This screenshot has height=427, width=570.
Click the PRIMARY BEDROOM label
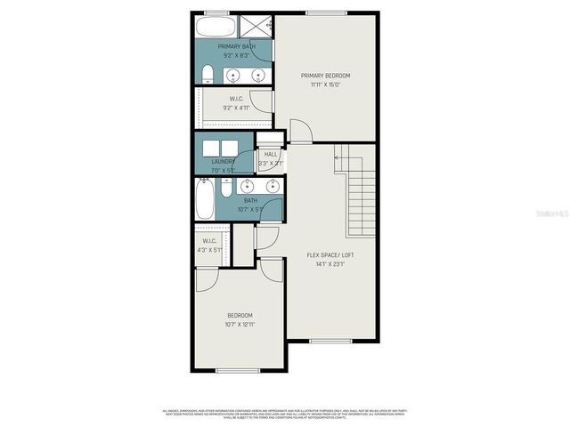coord(325,76)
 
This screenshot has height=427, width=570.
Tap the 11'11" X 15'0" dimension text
coord(325,85)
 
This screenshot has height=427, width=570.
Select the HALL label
coord(271,154)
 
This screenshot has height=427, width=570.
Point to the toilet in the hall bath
coord(226,188)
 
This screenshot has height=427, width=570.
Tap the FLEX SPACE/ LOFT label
coord(326,255)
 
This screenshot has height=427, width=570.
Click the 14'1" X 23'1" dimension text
coord(326,264)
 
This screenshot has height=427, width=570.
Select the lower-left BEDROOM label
coord(240,315)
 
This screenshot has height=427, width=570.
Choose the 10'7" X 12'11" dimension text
coord(240,325)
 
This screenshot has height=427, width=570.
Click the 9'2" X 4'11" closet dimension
coord(235,108)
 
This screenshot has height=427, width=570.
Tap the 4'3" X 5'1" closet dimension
coord(211,250)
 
